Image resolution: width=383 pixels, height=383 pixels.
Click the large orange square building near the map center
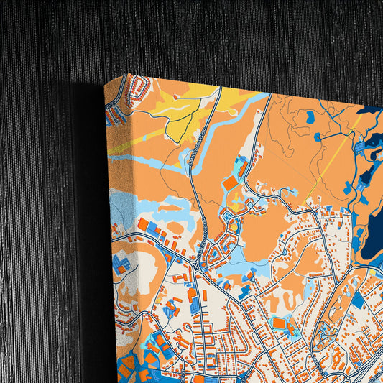tap(229, 183)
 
